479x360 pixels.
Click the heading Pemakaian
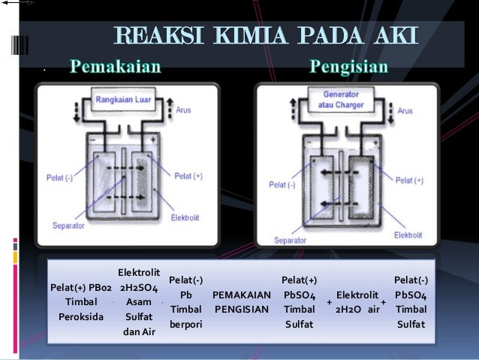click(116, 68)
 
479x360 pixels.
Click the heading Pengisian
click(349, 68)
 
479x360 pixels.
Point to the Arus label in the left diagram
click(183, 110)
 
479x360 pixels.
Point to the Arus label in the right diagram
click(405, 110)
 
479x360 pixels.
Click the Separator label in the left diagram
click(68, 225)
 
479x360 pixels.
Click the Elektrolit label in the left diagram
click(185, 218)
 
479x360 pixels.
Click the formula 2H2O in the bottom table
click(348, 309)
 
